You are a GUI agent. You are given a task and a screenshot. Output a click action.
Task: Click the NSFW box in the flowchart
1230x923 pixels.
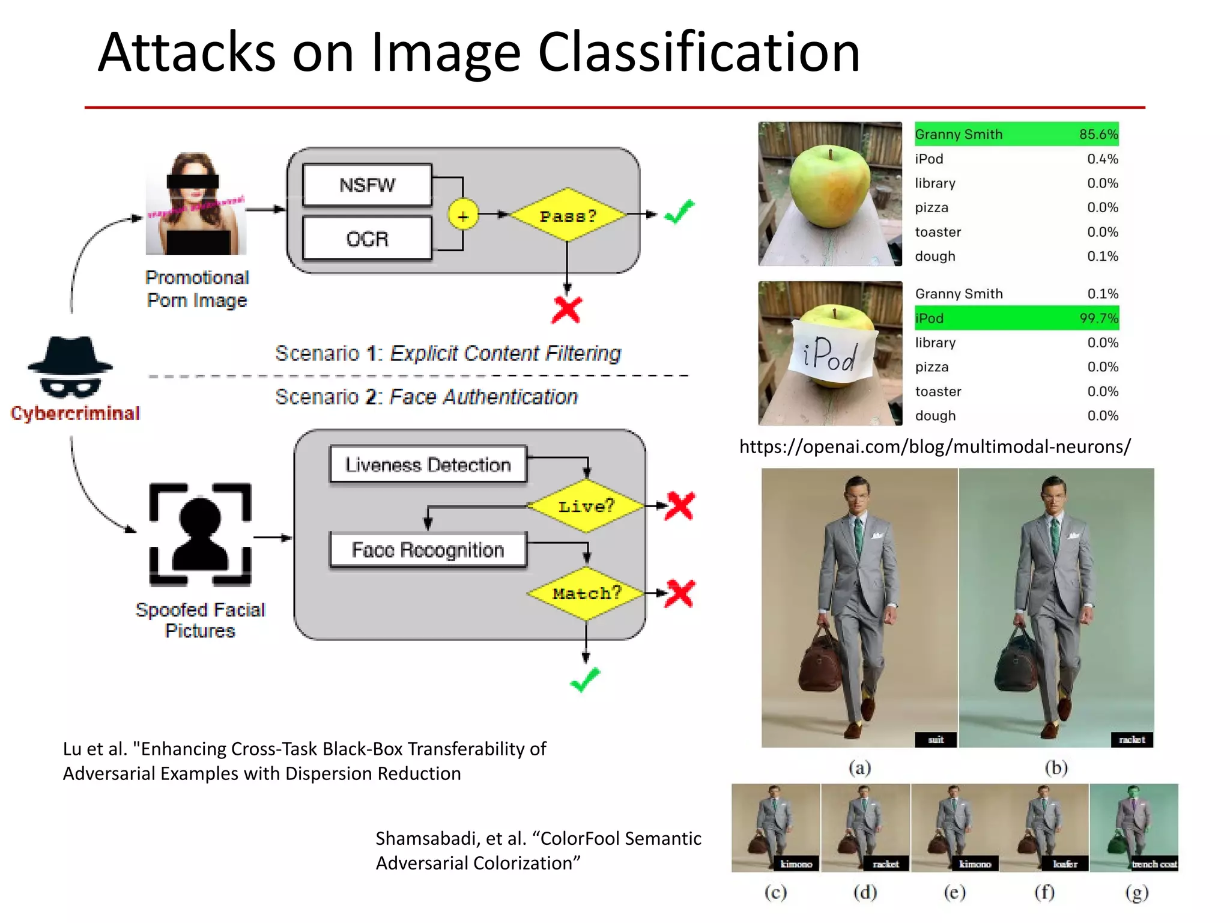point(367,184)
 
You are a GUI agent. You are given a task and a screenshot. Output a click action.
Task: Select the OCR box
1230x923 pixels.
point(367,239)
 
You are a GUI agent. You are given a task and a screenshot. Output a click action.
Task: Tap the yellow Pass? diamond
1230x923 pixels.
point(567,215)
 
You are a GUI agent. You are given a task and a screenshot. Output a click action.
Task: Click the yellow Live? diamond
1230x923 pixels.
point(586,506)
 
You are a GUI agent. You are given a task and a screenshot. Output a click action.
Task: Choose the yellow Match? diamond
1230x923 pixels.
point(586,594)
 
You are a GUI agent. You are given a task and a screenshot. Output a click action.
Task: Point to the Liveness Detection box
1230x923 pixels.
point(428,465)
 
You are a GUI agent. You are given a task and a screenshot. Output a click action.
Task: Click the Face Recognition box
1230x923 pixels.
point(428,550)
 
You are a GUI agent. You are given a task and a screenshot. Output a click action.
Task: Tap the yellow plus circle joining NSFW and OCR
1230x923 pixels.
point(463,215)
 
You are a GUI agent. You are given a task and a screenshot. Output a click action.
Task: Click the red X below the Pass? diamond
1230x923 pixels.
point(566,310)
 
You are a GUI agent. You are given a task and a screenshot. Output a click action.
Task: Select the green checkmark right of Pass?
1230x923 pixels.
point(679,212)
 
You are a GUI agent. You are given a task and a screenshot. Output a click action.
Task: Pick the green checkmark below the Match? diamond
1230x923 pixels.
point(584,680)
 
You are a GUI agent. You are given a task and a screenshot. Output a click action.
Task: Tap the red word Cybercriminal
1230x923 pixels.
point(75,413)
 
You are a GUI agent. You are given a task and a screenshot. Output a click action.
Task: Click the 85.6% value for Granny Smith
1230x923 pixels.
point(1098,134)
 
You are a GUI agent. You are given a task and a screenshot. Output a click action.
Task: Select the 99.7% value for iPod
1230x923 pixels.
point(1098,318)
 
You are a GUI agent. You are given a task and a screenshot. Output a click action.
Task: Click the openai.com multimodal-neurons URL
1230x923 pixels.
point(935,446)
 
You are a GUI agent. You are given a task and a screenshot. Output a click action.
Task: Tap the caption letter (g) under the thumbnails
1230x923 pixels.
point(1136,892)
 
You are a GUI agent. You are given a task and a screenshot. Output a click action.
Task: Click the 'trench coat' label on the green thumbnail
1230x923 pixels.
point(1154,864)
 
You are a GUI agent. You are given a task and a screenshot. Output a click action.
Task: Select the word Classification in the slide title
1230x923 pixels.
point(698,53)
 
